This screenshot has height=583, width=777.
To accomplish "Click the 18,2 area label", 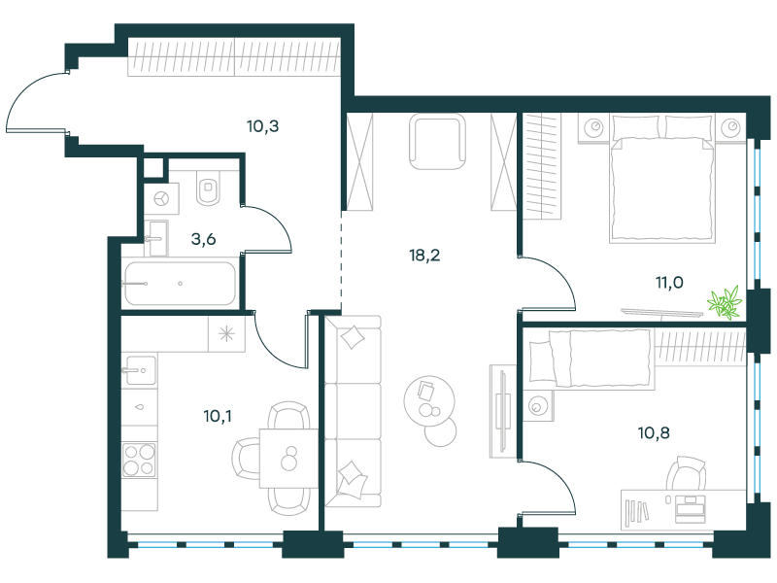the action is coord(424,256).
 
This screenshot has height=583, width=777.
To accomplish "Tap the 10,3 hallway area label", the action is coord(262,126).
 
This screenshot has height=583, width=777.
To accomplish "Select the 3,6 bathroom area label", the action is coord(203,239).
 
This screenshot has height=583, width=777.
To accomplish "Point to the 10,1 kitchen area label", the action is coord(217,416).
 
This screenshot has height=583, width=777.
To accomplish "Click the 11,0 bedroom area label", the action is coord(669,283).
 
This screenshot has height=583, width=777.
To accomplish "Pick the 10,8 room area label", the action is coord(654,432).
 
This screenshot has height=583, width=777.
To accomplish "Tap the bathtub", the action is coord(180,284).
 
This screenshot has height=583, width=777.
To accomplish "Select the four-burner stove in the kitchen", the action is coord(139,460).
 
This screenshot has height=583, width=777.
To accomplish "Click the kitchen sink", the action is coord(139,370).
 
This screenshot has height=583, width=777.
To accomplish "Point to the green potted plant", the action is coord(725,302).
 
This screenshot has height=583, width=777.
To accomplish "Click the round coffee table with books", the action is coord(429,400).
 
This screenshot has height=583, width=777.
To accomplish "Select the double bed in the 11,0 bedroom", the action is coord(662,179).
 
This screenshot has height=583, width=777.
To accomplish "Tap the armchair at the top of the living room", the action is coord(438,142).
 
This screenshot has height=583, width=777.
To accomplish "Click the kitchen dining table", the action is coord(288,458).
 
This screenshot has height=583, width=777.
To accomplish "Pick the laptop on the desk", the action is coord(690,508).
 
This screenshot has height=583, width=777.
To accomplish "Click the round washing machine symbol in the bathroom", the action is coord(161,199).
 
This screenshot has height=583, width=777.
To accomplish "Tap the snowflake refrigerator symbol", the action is coord(226,334).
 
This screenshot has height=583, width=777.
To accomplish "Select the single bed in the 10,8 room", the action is coord(590,358).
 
